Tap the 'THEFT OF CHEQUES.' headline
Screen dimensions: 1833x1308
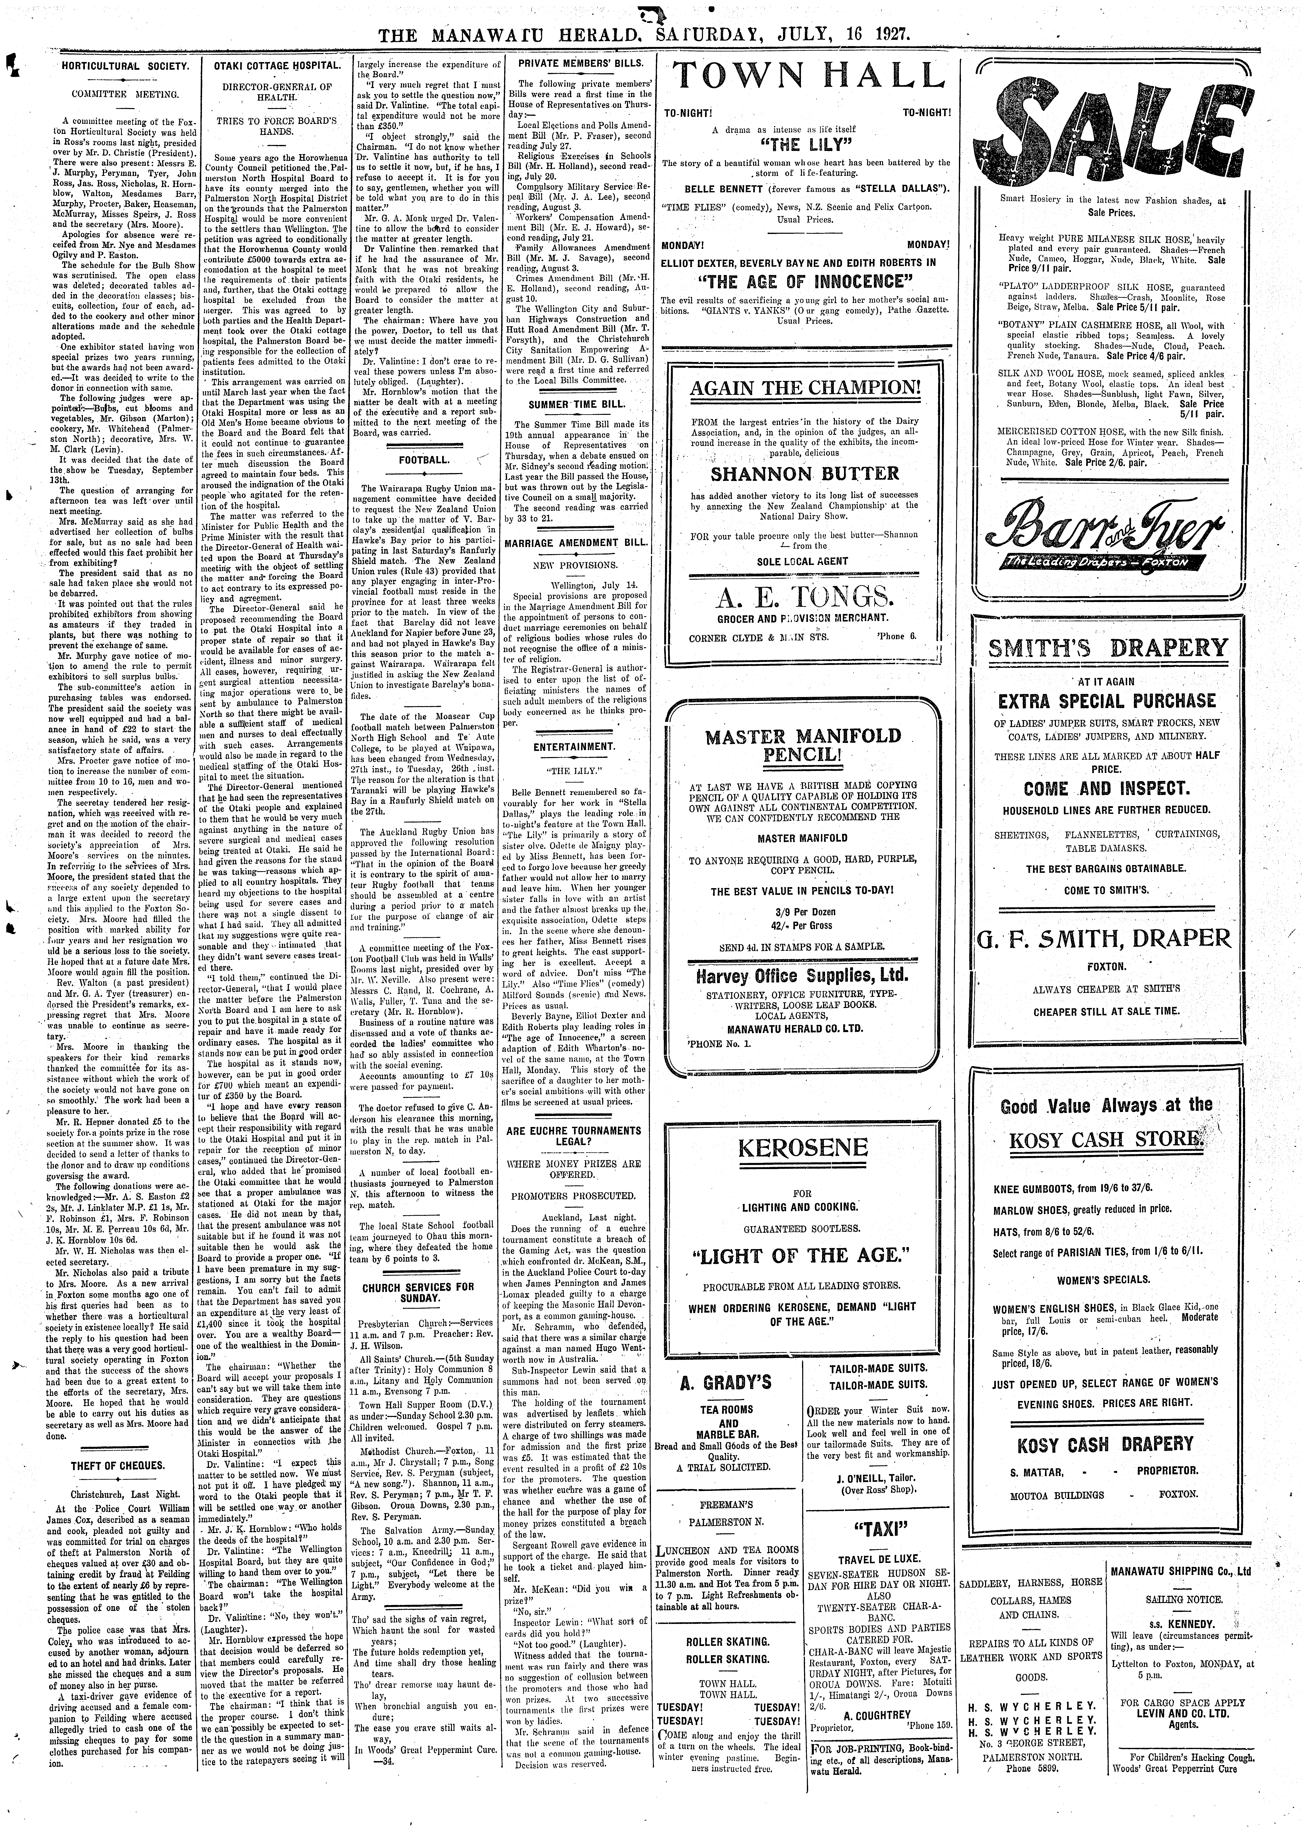(118, 1465)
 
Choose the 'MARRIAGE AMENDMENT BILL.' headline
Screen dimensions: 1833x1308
(576, 543)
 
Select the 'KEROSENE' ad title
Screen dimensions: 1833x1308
(802, 1147)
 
